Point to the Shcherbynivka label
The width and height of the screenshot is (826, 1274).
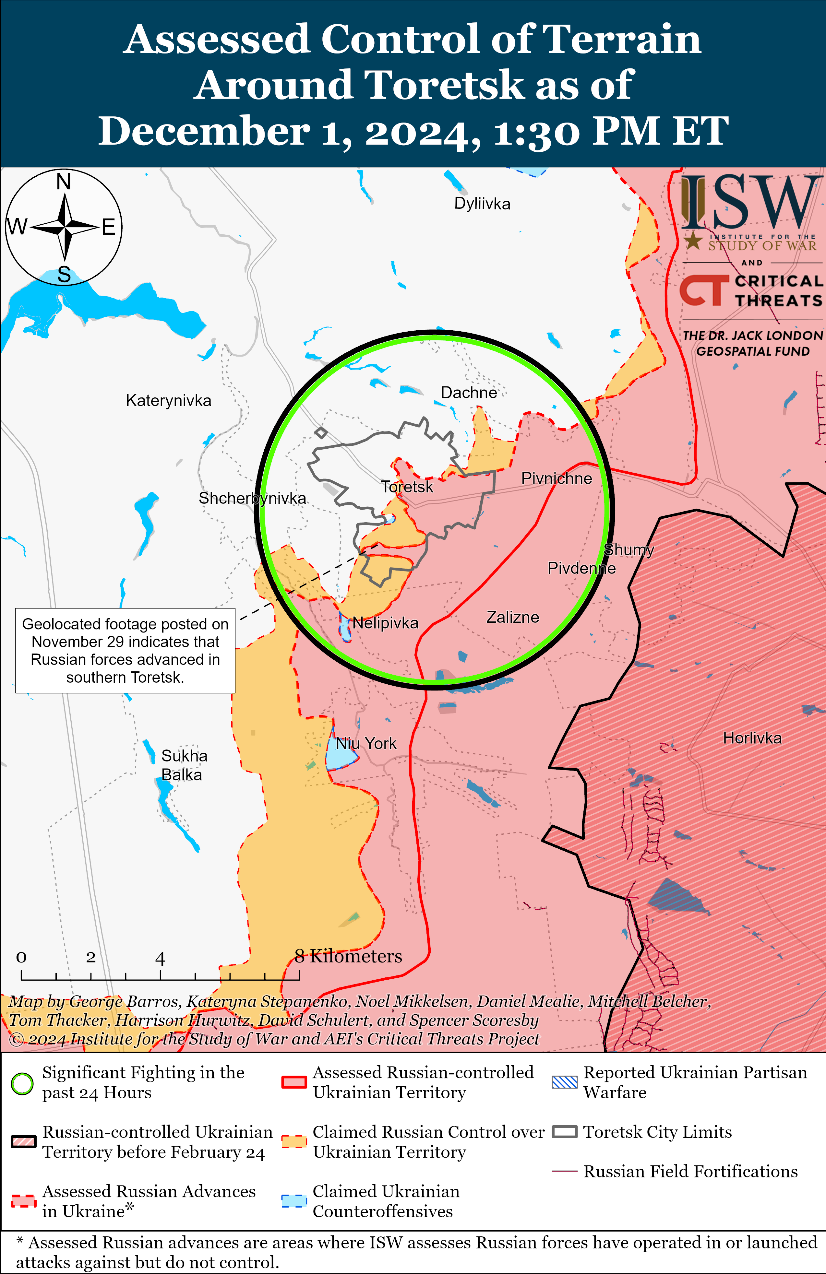(x=252, y=498)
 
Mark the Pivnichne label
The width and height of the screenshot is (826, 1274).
(x=557, y=478)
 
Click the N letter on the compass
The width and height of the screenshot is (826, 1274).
(x=64, y=182)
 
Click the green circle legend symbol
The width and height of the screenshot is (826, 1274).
(x=22, y=1083)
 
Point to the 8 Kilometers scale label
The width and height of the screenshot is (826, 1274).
(x=348, y=956)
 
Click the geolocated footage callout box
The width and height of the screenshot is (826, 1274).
(x=126, y=650)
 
